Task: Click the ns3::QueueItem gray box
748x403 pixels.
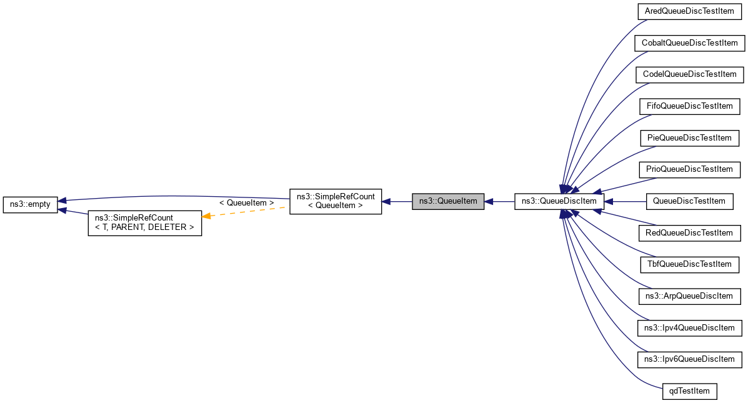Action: tap(448, 201)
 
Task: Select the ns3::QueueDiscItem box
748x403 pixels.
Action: tap(559, 201)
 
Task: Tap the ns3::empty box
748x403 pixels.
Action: tap(30, 204)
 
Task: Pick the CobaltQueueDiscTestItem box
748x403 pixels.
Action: tap(689, 43)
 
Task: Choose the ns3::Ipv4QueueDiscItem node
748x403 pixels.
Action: tap(689, 327)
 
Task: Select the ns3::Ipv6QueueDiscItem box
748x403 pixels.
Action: tap(689, 359)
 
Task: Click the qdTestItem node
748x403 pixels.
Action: tap(689, 391)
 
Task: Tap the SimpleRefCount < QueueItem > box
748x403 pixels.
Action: tap(336, 201)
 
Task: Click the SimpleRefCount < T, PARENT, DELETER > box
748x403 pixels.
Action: tap(144, 222)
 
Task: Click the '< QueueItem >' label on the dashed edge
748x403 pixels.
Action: tap(247, 203)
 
